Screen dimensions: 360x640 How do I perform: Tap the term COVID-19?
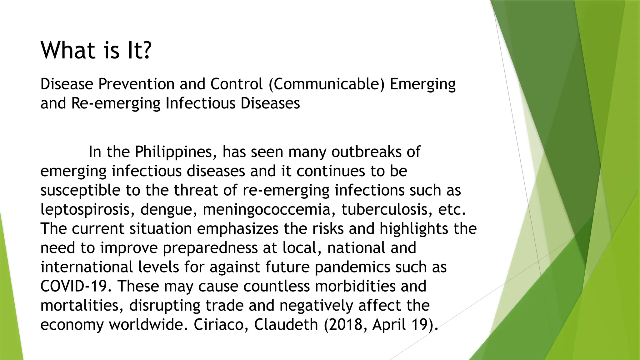pyautogui.click(x=76, y=286)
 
